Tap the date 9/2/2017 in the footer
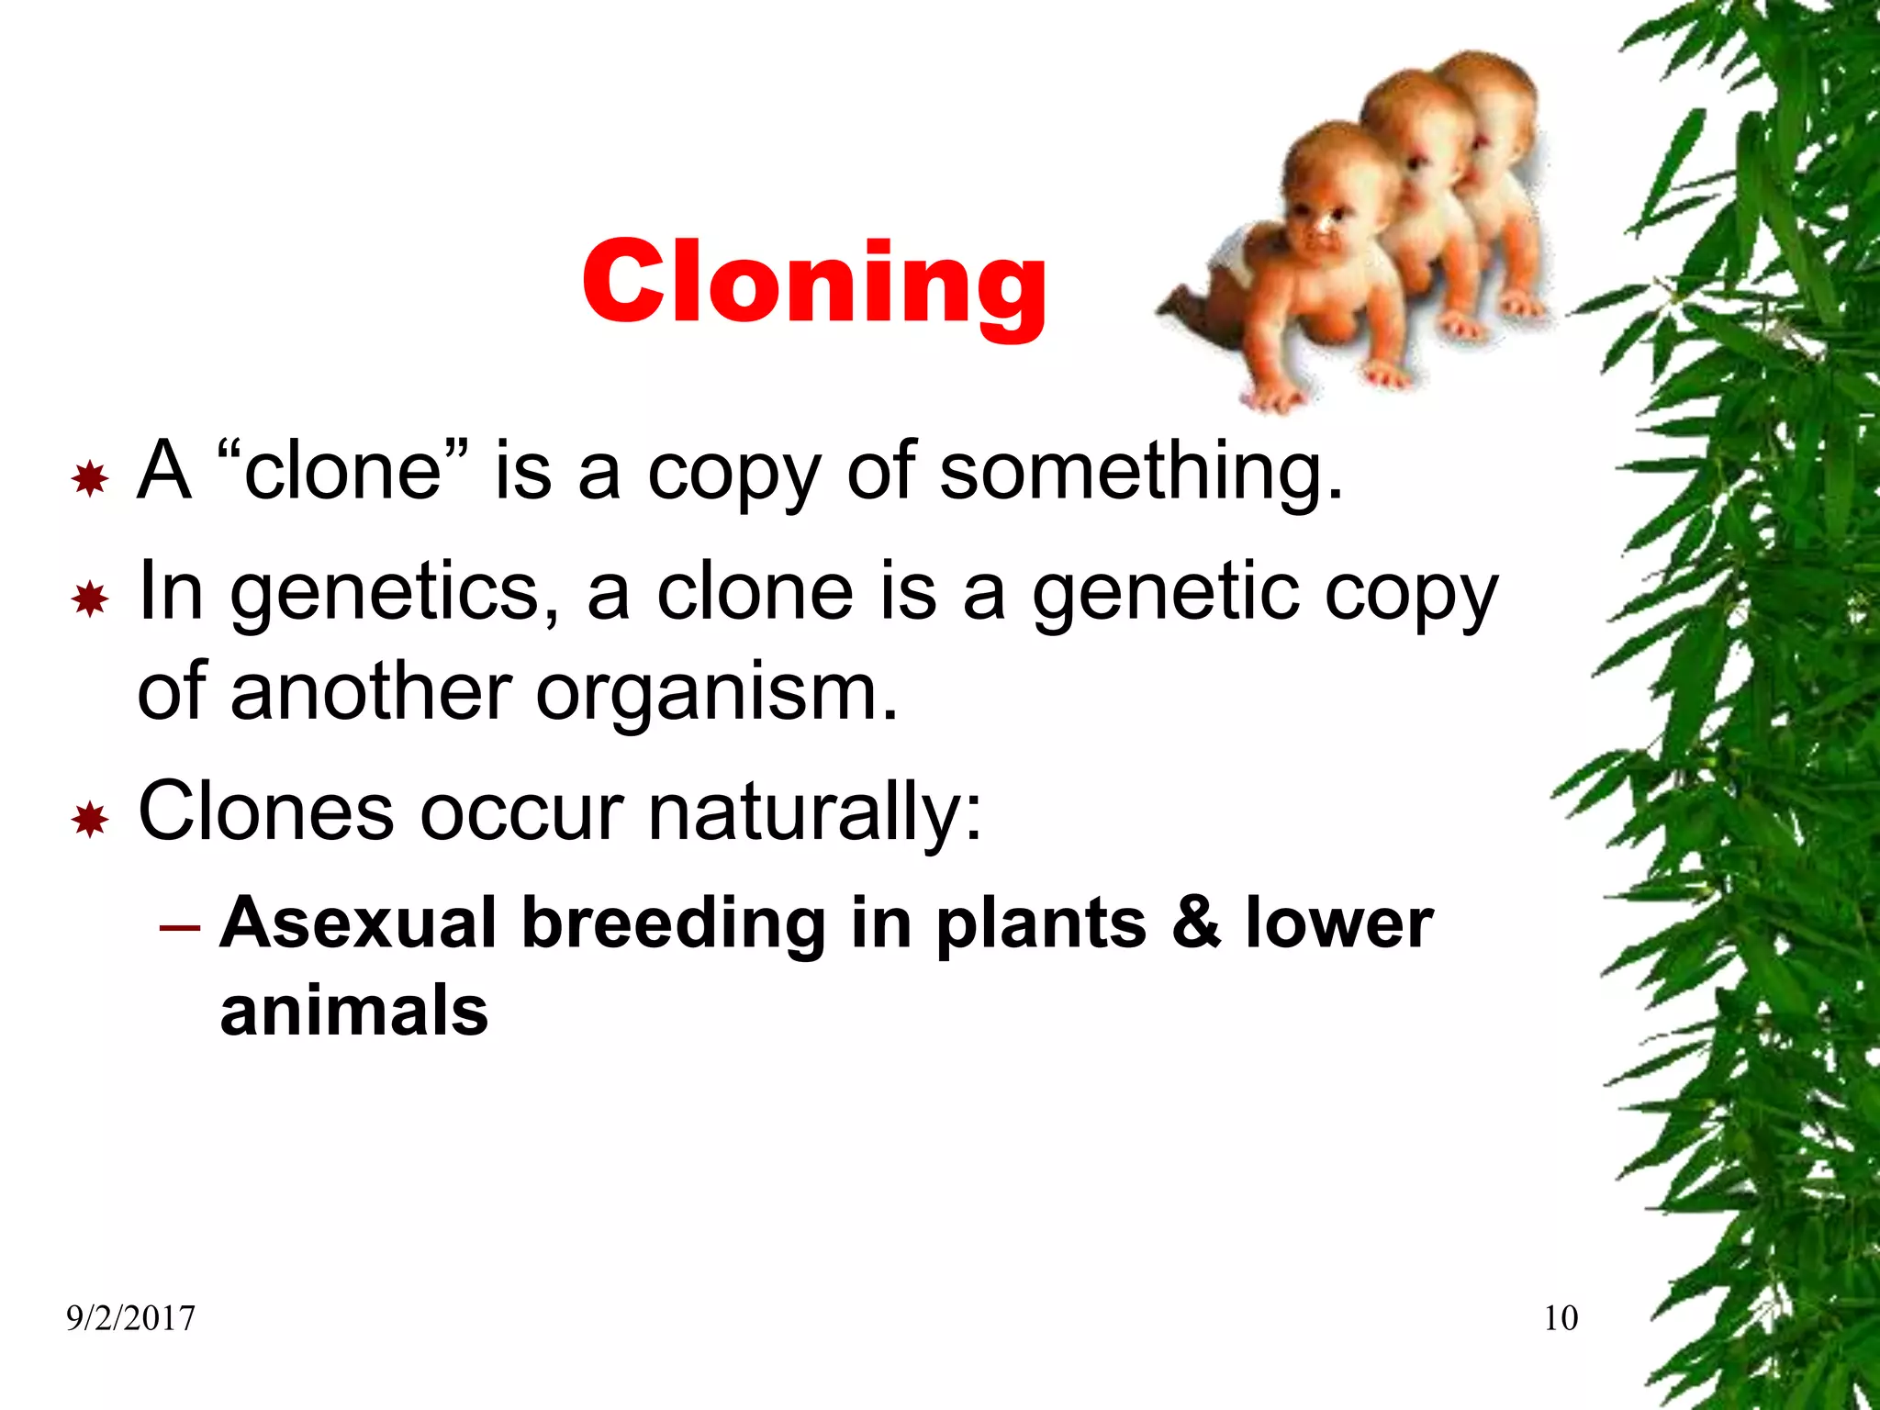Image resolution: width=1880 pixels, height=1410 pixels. (130, 1319)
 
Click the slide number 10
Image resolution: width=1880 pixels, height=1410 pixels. (1561, 1318)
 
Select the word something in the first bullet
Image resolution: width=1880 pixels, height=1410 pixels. (1141, 471)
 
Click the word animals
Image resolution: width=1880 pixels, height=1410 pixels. (354, 1010)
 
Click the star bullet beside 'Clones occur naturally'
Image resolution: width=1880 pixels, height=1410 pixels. (90, 819)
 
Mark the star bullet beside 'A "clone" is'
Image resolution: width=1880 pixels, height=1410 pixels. (90, 478)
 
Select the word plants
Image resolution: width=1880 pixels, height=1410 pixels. (1041, 923)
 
